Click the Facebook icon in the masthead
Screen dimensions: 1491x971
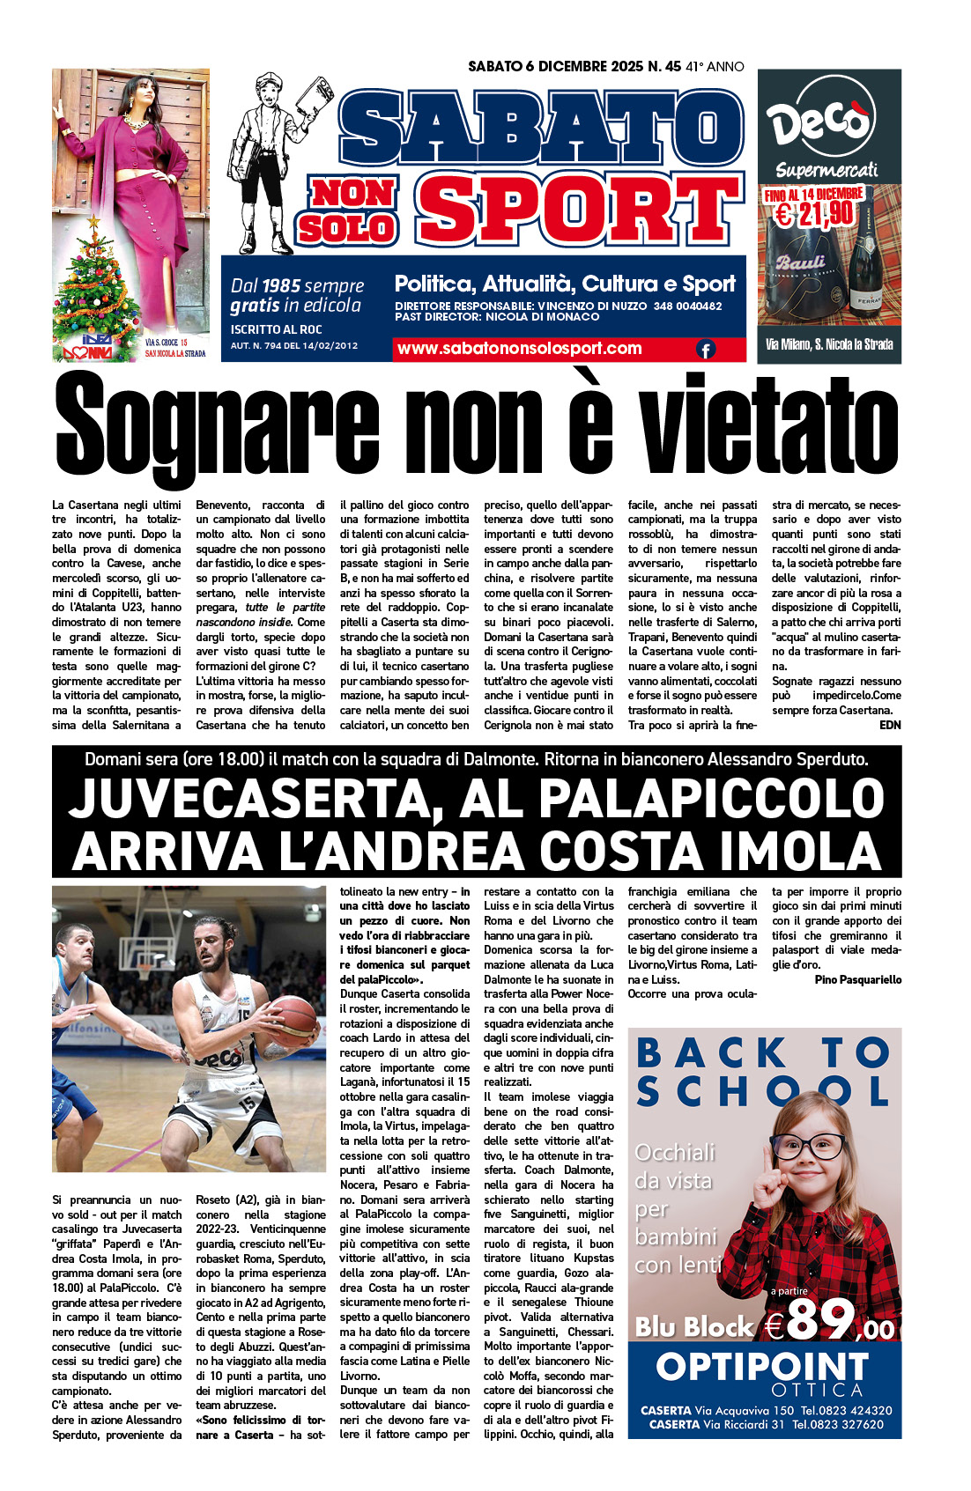706,350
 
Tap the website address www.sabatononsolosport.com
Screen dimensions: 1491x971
519,349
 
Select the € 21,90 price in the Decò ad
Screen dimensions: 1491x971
814,212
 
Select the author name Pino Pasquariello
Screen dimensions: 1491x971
857,979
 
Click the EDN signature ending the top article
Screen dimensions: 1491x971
890,725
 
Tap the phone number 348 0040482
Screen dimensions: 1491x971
687,306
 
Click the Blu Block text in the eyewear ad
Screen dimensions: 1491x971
694,1326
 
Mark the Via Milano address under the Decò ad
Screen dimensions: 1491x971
828,344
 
